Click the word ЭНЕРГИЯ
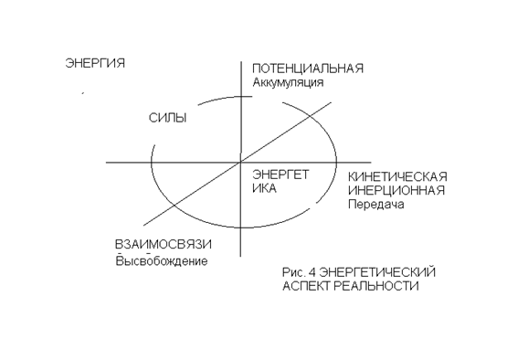point(95,63)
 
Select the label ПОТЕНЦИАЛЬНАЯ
point(308,69)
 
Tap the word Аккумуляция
point(288,82)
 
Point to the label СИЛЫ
point(168,118)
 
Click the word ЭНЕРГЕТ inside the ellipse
point(280,175)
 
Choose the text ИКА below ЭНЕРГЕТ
point(264,188)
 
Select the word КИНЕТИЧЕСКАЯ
point(397,177)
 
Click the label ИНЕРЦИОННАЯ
point(396,190)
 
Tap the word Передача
point(376,205)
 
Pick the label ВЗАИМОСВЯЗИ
point(164,245)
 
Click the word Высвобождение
point(162,260)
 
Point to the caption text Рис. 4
point(299,272)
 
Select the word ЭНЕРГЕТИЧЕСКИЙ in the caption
point(377,272)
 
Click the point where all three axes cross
point(240,162)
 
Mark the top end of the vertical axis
point(241,62)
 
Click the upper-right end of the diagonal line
point(331,103)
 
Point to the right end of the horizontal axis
point(371,162)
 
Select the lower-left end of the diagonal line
point(144,225)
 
